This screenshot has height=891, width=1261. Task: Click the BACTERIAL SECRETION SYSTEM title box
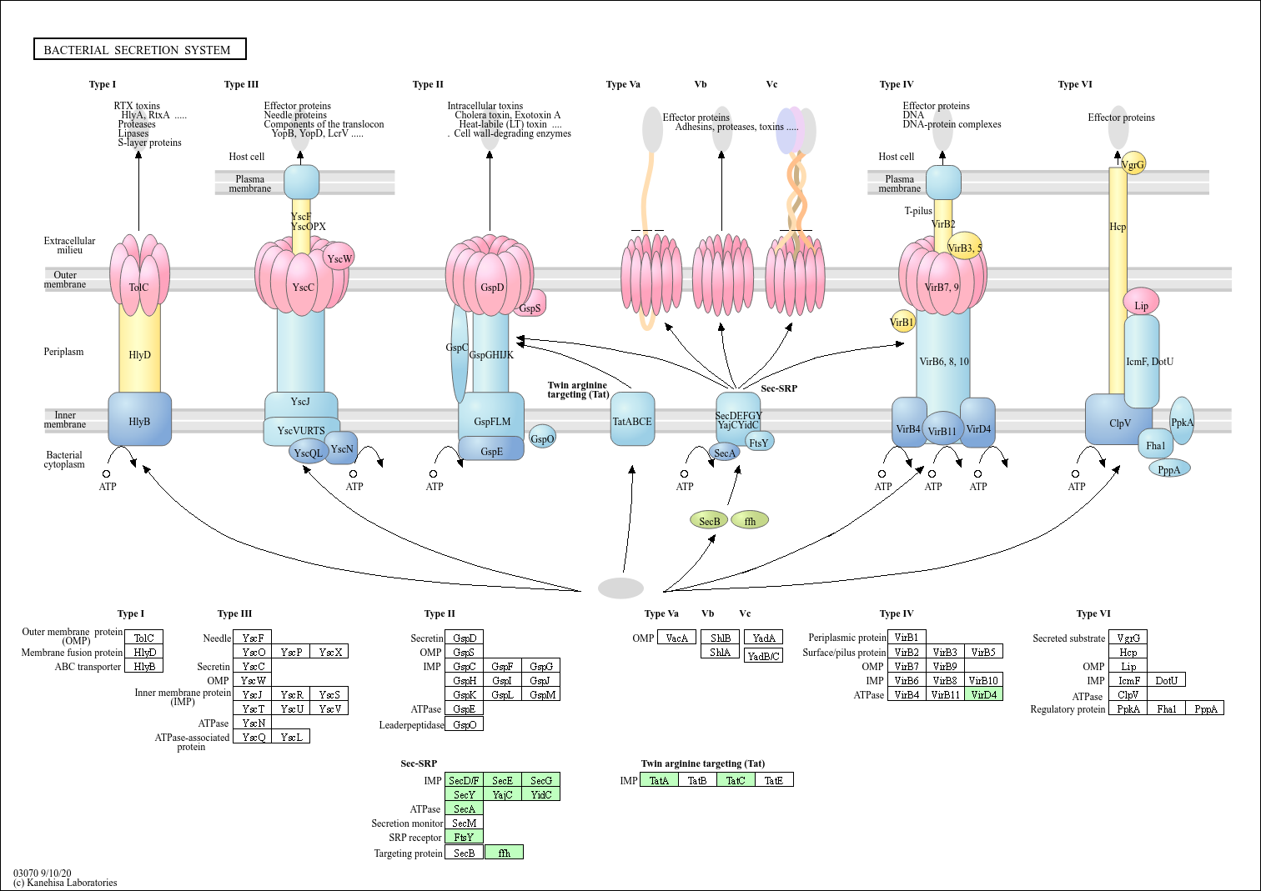click(x=139, y=49)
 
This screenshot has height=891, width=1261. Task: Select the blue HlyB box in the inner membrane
click(x=139, y=420)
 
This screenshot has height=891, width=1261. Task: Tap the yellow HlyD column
click(x=139, y=354)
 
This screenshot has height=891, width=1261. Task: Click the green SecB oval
click(x=709, y=521)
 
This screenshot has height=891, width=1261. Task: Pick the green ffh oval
click(x=750, y=521)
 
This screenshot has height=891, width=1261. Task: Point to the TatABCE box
click(x=632, y=420)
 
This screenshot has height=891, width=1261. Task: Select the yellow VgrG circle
click(x=1133, y=163)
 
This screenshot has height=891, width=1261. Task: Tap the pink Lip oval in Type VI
click(x=1141, y=303)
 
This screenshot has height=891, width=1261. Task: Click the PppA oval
click(x=1169, y=469)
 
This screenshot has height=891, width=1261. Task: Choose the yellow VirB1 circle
click(x=902, y=322)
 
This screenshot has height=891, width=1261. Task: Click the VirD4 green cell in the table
click(x=983, y=694)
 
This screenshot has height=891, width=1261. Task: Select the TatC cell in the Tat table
click(x=736, y=780)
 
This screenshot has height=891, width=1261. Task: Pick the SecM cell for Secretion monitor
click(x=464, y=823)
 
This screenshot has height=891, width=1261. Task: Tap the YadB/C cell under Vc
click(x=763, y=656)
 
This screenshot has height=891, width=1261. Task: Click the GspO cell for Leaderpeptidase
click(x=464, y=724)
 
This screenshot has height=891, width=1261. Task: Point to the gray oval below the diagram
click(x=620, y=588)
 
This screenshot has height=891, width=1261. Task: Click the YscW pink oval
click(x=339, y=258)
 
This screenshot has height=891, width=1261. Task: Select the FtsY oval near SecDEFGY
click(x=759, y=442)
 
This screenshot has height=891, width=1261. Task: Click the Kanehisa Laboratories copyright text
click(x=66, y=883)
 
